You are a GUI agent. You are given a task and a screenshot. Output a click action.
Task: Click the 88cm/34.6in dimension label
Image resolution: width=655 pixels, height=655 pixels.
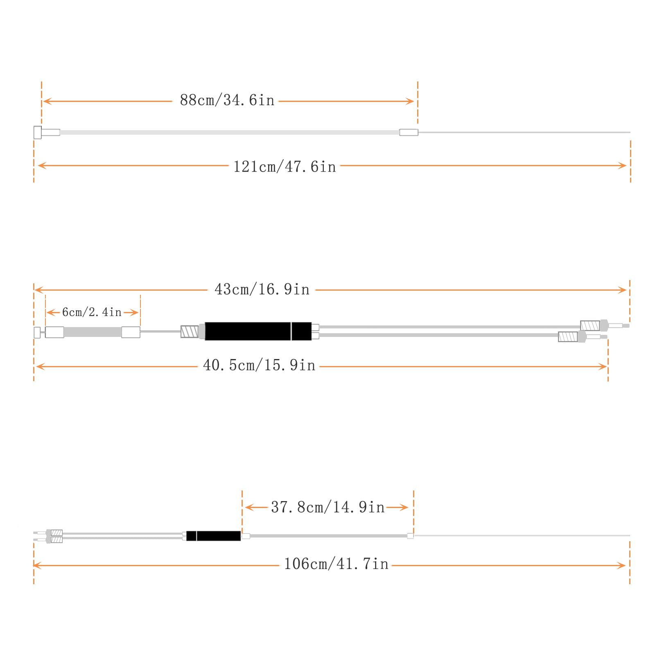227,100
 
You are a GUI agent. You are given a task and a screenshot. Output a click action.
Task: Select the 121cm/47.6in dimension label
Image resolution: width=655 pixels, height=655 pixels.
285,167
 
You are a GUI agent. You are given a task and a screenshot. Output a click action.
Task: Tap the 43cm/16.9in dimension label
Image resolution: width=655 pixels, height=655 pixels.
262,289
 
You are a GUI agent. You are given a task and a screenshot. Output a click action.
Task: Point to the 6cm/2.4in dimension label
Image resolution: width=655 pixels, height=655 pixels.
92,312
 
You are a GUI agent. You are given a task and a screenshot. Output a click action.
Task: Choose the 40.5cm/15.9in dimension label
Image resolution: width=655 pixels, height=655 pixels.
259,365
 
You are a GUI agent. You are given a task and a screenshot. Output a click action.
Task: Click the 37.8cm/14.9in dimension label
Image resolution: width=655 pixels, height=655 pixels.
328,507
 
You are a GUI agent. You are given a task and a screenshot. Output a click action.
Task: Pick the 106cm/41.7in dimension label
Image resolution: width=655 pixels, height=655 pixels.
336,564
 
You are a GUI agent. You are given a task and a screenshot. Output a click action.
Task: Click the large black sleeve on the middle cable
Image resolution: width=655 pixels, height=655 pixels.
258,331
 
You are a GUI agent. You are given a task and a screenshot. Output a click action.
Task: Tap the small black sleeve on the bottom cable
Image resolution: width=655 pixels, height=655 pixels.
213,536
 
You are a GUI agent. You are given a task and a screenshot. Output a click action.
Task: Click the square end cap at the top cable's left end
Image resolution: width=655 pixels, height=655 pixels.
37,132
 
